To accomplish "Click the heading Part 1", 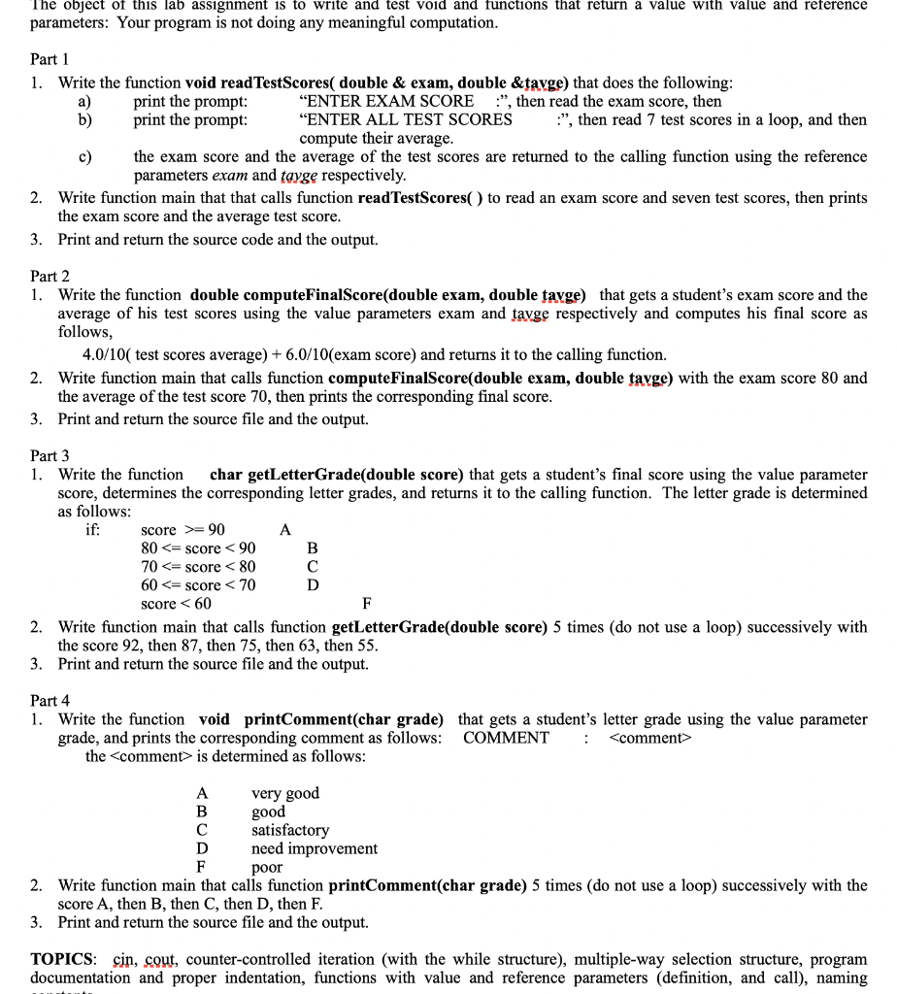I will tap(50, 59).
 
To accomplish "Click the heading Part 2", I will tap(50, 277).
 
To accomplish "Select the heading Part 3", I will tap(50, 455).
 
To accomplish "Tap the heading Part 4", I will tap(50, 700).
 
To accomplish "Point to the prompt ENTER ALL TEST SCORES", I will tap(406, 119).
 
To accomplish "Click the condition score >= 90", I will tap(183, 530).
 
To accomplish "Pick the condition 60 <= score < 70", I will tap(198, 585).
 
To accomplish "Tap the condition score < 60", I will tap(176, 604).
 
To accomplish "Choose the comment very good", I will tap(284, 793).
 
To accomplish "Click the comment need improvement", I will tap(314, 848).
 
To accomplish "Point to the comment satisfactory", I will tap(289, 830).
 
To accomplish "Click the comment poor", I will tap(266, 867).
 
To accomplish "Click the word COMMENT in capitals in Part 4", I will tap(506, 738).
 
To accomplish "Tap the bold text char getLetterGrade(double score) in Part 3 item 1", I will tap(337, 475).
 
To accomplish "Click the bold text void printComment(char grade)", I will tap(320, 719).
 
